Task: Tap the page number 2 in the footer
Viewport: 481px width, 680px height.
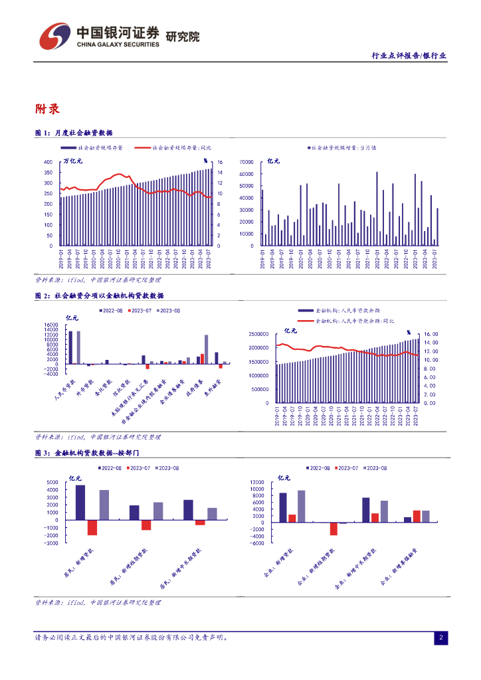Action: pyautogui.click(x=440, y=637)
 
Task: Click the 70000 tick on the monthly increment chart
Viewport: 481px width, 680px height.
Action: pyautogui.click(x=246, y=162)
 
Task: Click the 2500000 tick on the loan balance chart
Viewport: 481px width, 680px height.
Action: pyautogui.click(x=260, y=334)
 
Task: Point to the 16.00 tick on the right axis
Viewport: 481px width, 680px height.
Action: pyautogui.click(x=431, y=334)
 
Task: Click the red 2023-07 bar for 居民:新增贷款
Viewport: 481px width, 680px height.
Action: pyautogui.click(x=92, y=525)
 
